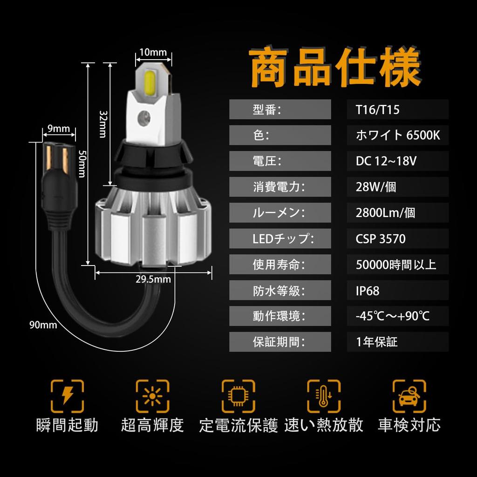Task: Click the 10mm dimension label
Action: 153,52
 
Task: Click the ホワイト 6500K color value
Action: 397,136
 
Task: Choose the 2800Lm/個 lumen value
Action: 385,213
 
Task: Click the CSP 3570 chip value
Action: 381,239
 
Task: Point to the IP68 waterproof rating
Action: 368,291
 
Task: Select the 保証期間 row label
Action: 279,342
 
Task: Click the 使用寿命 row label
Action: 279,265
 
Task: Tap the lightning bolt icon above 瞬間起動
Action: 67,395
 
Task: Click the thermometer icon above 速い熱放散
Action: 324,395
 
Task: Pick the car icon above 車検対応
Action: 409,395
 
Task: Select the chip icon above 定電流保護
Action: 238,395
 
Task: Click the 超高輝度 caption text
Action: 152,425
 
